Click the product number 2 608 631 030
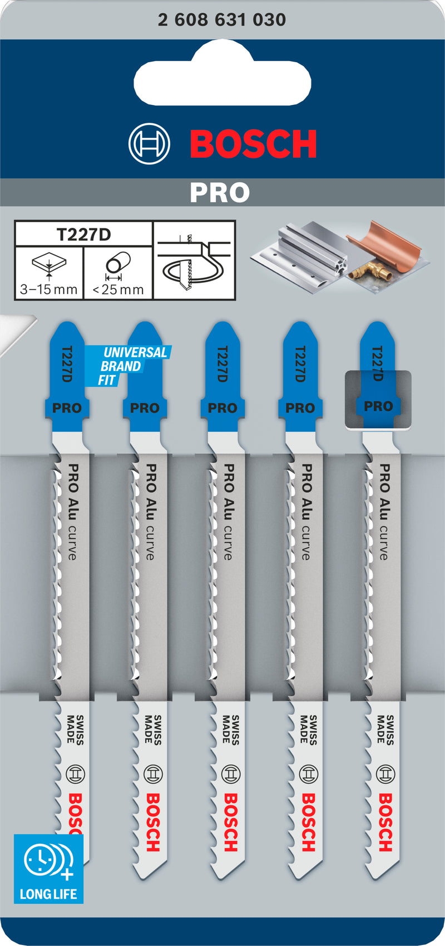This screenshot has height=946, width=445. pyautogui.click(x=222, y=20)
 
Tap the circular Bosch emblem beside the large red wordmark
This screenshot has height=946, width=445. pyautogui.click(x=149, y=144)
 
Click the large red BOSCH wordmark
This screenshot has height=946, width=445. pyautogui.click(x=254, y=144)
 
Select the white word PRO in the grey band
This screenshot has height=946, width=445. pyautogui.click(x=220, y=193)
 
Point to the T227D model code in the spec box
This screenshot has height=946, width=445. pyautogui.click(x=83, y=234)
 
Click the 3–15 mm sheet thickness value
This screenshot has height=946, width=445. pyautogui.click(x=48, y=289)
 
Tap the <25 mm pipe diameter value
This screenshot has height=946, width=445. pyautogui.click(x=118, y=289)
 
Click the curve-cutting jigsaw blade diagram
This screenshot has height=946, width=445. pyautogui.click(x=194, y=260)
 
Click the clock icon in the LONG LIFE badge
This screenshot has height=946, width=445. pyautogui.click(x=41, y=860)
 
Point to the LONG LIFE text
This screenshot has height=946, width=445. pyautogui.click(x=48, y=894)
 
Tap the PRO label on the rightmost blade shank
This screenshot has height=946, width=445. pyautogui.click(x=378, y=406)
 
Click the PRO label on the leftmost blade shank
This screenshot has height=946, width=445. pyautogui.click(x=67, y=408)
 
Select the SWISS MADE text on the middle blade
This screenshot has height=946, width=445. pyautogui.click(x=230, y=729)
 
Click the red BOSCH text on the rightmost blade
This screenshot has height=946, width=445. pyautogui.click(x=385, y=822)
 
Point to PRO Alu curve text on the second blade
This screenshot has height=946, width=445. pyautogui.click(x=150, y=511)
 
